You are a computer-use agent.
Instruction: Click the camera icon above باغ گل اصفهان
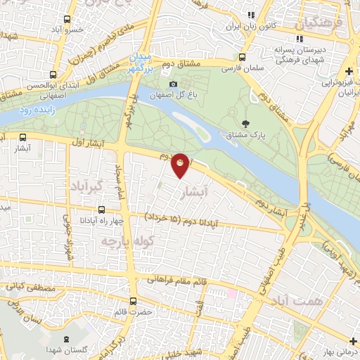[x=173, y=84]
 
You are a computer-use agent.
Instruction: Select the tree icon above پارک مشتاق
[x=245, y=122]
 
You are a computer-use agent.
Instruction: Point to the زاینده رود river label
[x=33, y=111]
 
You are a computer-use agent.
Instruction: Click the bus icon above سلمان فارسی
[x=242, y=58]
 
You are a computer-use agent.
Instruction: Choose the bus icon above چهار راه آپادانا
[x=102, y=209]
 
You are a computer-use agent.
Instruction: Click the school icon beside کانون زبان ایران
[x=251, y=15]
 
